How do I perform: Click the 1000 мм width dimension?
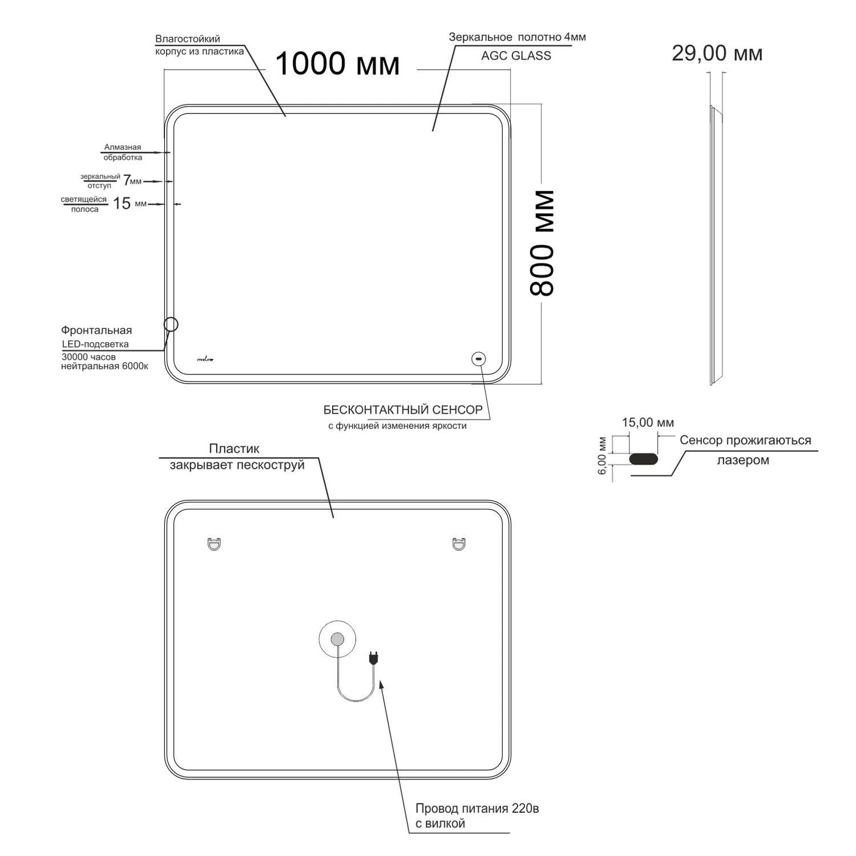337,63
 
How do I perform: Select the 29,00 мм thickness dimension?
717,54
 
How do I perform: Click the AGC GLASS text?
516,55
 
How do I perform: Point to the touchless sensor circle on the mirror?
478,358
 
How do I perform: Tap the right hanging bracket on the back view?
459,544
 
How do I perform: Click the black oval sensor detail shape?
643,459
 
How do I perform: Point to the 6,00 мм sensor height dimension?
601,456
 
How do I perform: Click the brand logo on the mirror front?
205,359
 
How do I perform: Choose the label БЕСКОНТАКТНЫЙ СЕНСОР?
403,410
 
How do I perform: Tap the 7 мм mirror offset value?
132,181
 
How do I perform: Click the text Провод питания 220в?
477,809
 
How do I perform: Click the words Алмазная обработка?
123,152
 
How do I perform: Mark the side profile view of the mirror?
716,245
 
